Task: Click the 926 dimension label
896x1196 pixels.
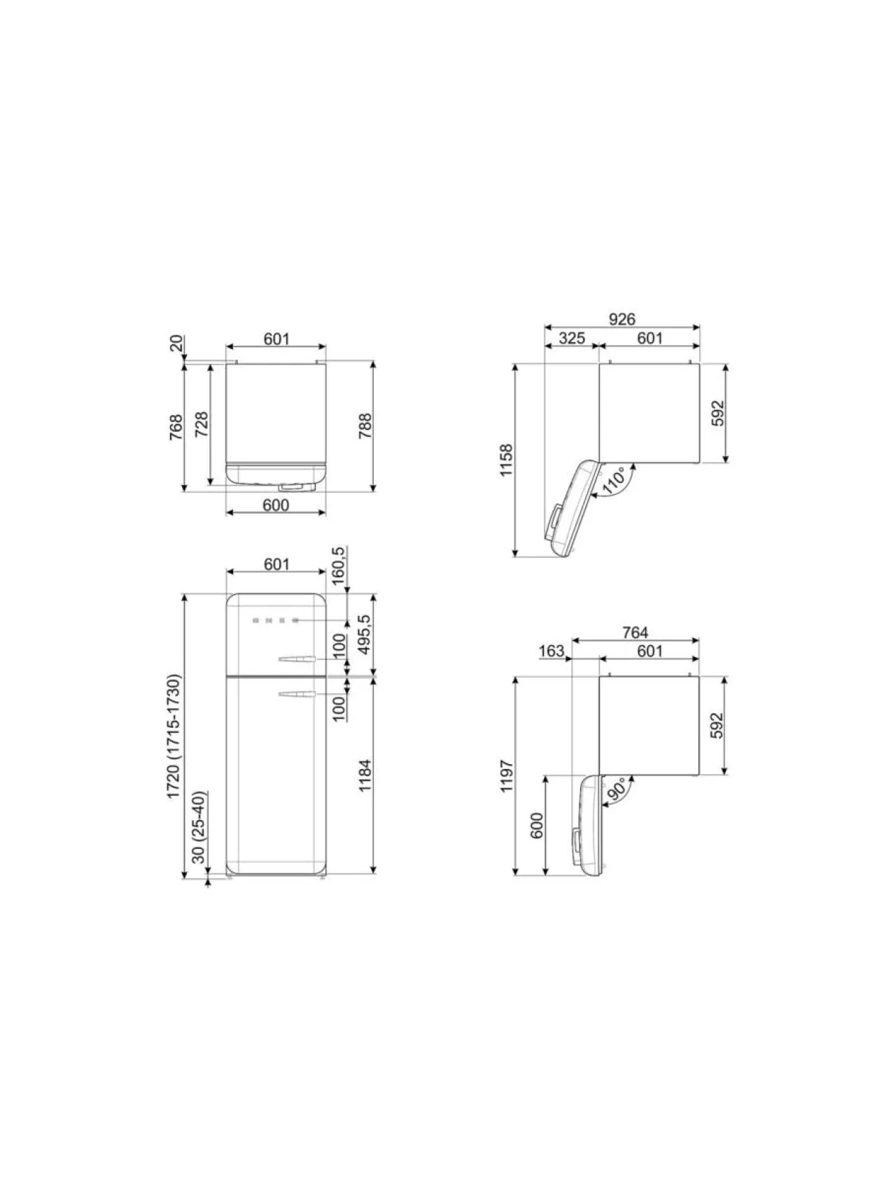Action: tap(622, 319)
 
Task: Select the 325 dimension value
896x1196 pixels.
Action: tap(572, 338)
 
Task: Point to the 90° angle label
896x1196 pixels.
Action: tap(617, 789)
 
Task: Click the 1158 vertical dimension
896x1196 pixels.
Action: tap(507, 460)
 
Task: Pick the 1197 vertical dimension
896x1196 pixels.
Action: tap(507, 776)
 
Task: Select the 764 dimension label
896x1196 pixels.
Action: tap(635, 633)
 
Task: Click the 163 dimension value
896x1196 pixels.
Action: tap(552, 652)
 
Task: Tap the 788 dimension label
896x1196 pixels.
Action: tap(365, 426)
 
